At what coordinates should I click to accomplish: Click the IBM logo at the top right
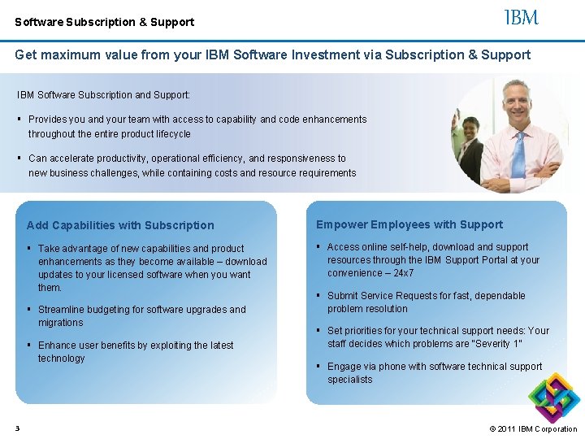point(522,17)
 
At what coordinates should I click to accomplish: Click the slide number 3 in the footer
point(17,428)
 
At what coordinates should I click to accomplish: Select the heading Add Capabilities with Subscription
point(120,225)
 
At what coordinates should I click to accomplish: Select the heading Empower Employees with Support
point(409,224)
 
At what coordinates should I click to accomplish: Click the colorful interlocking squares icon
point(552,397)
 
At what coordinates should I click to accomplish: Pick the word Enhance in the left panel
point(58,346)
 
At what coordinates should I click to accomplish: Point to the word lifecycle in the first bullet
point(170,134)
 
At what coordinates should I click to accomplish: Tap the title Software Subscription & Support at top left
point(104,22)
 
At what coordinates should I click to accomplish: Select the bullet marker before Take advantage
point(29,249)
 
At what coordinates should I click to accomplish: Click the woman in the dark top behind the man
point(471,146)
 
